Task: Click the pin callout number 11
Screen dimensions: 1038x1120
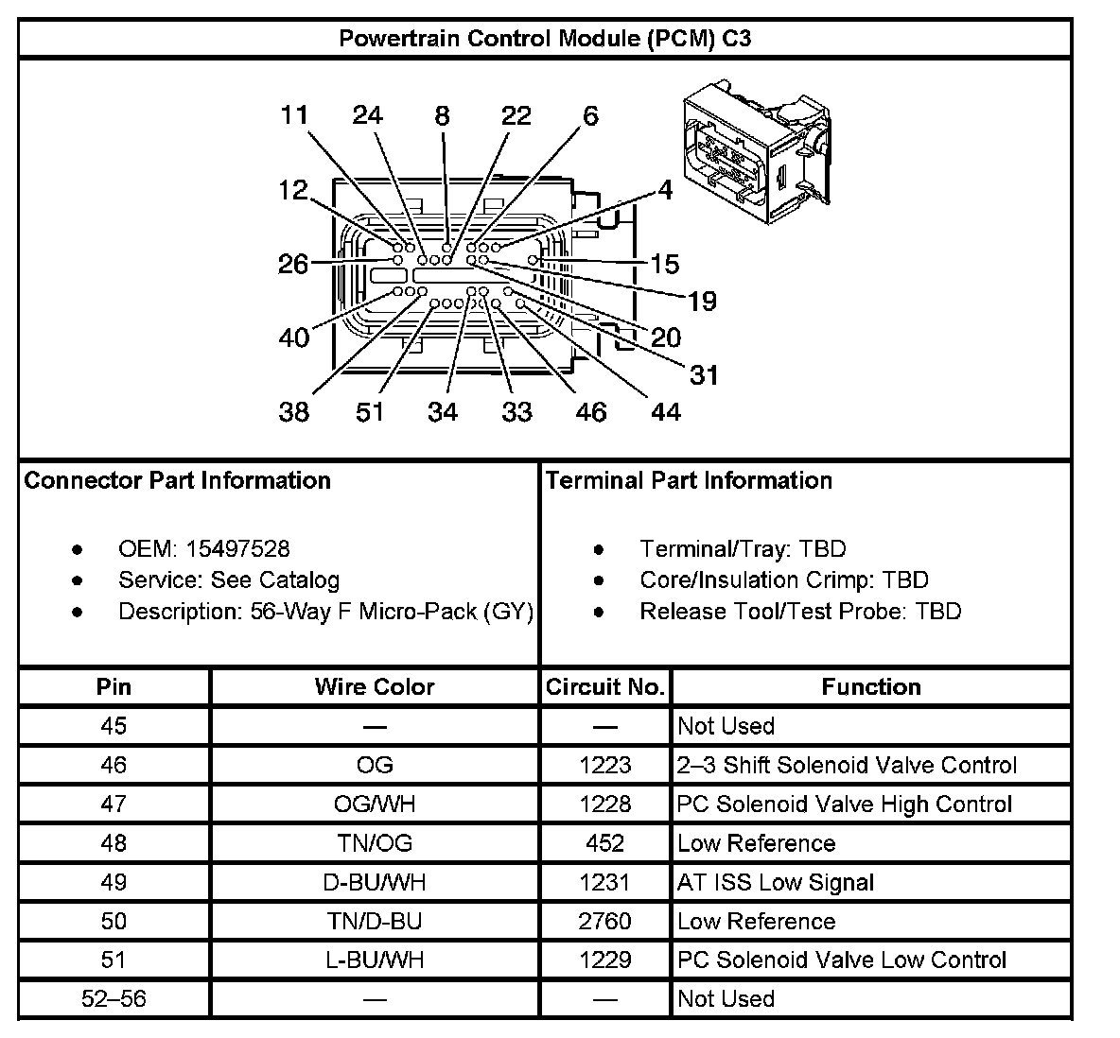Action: pyautogui.click(x=294, y=115)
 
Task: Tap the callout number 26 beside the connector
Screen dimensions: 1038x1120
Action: pyautogui.click(x=293, y=264)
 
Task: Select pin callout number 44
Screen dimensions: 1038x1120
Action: pyautogui.click(x=666, y=412)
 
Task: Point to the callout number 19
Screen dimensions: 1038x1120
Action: pyautogui.click(x=702, y=302)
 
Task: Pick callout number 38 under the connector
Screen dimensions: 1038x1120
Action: pyautogui.click(x=294, y=412)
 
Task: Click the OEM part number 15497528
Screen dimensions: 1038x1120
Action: pyautogui.click(x=237, y=549)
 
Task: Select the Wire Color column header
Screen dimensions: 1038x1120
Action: pyautogui.click(x=375, y=687)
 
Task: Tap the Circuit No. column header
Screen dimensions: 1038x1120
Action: pyautogui.click(x=605, y=687)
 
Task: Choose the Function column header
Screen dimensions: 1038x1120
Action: pyautogui.click(x=871, y=687)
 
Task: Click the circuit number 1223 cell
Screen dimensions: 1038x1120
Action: pyautogui.click(x=605, y=765)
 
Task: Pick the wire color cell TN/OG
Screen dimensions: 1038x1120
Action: pyautogui.click(x=375, y=843)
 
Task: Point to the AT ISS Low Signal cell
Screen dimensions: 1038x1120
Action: pyautogui.click(x=776, y=882)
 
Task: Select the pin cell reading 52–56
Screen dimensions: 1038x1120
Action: pyautogui.click(x=114, y=999)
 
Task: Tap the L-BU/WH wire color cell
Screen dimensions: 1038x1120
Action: pyautogui.click(x=375, y=960)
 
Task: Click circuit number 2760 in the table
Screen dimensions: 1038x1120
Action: pyautogui.click(x=605, y=921)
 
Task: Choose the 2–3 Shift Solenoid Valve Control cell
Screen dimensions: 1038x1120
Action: pyautogui.click(x=847, y=765)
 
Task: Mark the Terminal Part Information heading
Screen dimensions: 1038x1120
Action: pyautogui.click(x=689, y=480)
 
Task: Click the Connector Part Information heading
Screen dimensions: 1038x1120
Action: pyautogui.click(x=178, y=480)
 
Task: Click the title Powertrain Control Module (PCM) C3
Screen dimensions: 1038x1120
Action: pyautogui.click(x=545, y=39)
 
